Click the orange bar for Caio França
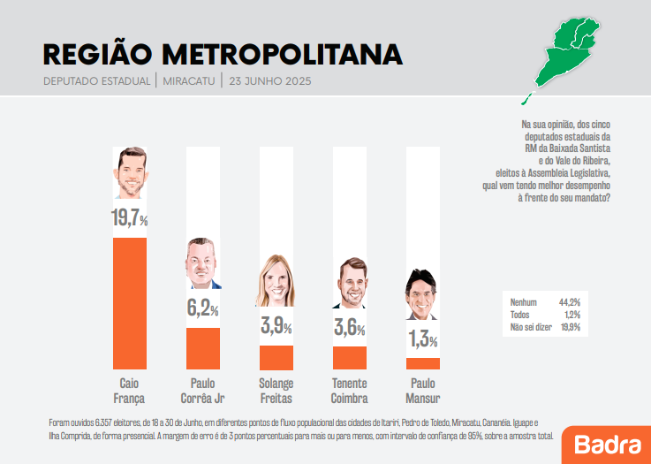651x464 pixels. tap(129, 303)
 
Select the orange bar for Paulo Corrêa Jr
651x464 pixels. tap(202, 348)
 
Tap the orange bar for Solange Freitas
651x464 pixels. tap(276, 357)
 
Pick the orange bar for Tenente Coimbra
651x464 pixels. tap(349, 358)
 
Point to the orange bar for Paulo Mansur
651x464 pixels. tap(422, 363)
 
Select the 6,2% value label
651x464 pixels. tap(202, 309)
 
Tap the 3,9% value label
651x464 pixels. tap(276, 327)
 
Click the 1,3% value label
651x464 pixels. tap(422, 338)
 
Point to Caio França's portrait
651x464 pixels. tap(129, 173)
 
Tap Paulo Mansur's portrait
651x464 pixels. tap(422, 294)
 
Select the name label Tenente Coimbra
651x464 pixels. tap(349, 391)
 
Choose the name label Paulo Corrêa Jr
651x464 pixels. tap(202, 391)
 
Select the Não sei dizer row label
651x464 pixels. tap(530, 327)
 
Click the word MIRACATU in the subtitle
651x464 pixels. tap(188, 81)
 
